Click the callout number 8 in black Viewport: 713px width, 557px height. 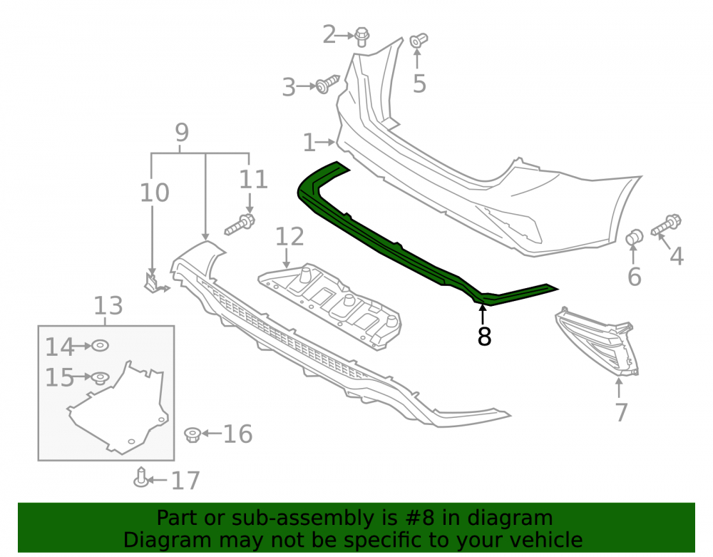point(484,336)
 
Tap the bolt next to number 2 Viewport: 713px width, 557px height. point(361,37)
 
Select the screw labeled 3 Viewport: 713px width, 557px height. point(327,84)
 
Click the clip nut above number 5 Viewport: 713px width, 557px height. point(418,41)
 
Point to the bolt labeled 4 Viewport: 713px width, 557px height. point(666,225)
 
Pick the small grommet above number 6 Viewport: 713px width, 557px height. point(635,237)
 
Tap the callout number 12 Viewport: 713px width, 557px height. point(289,237)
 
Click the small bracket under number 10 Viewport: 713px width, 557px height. point(155,283)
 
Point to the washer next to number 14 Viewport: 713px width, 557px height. point(100,346)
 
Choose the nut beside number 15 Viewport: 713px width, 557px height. point(100,377)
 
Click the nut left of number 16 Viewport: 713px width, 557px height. point(193,434)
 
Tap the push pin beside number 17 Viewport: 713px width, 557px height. point(141,476)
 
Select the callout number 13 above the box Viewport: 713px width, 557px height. point(108,305)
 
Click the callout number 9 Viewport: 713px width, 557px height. point(182,133)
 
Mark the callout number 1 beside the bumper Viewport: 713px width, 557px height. point(309,143)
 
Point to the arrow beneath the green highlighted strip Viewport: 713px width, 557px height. point(483,315)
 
